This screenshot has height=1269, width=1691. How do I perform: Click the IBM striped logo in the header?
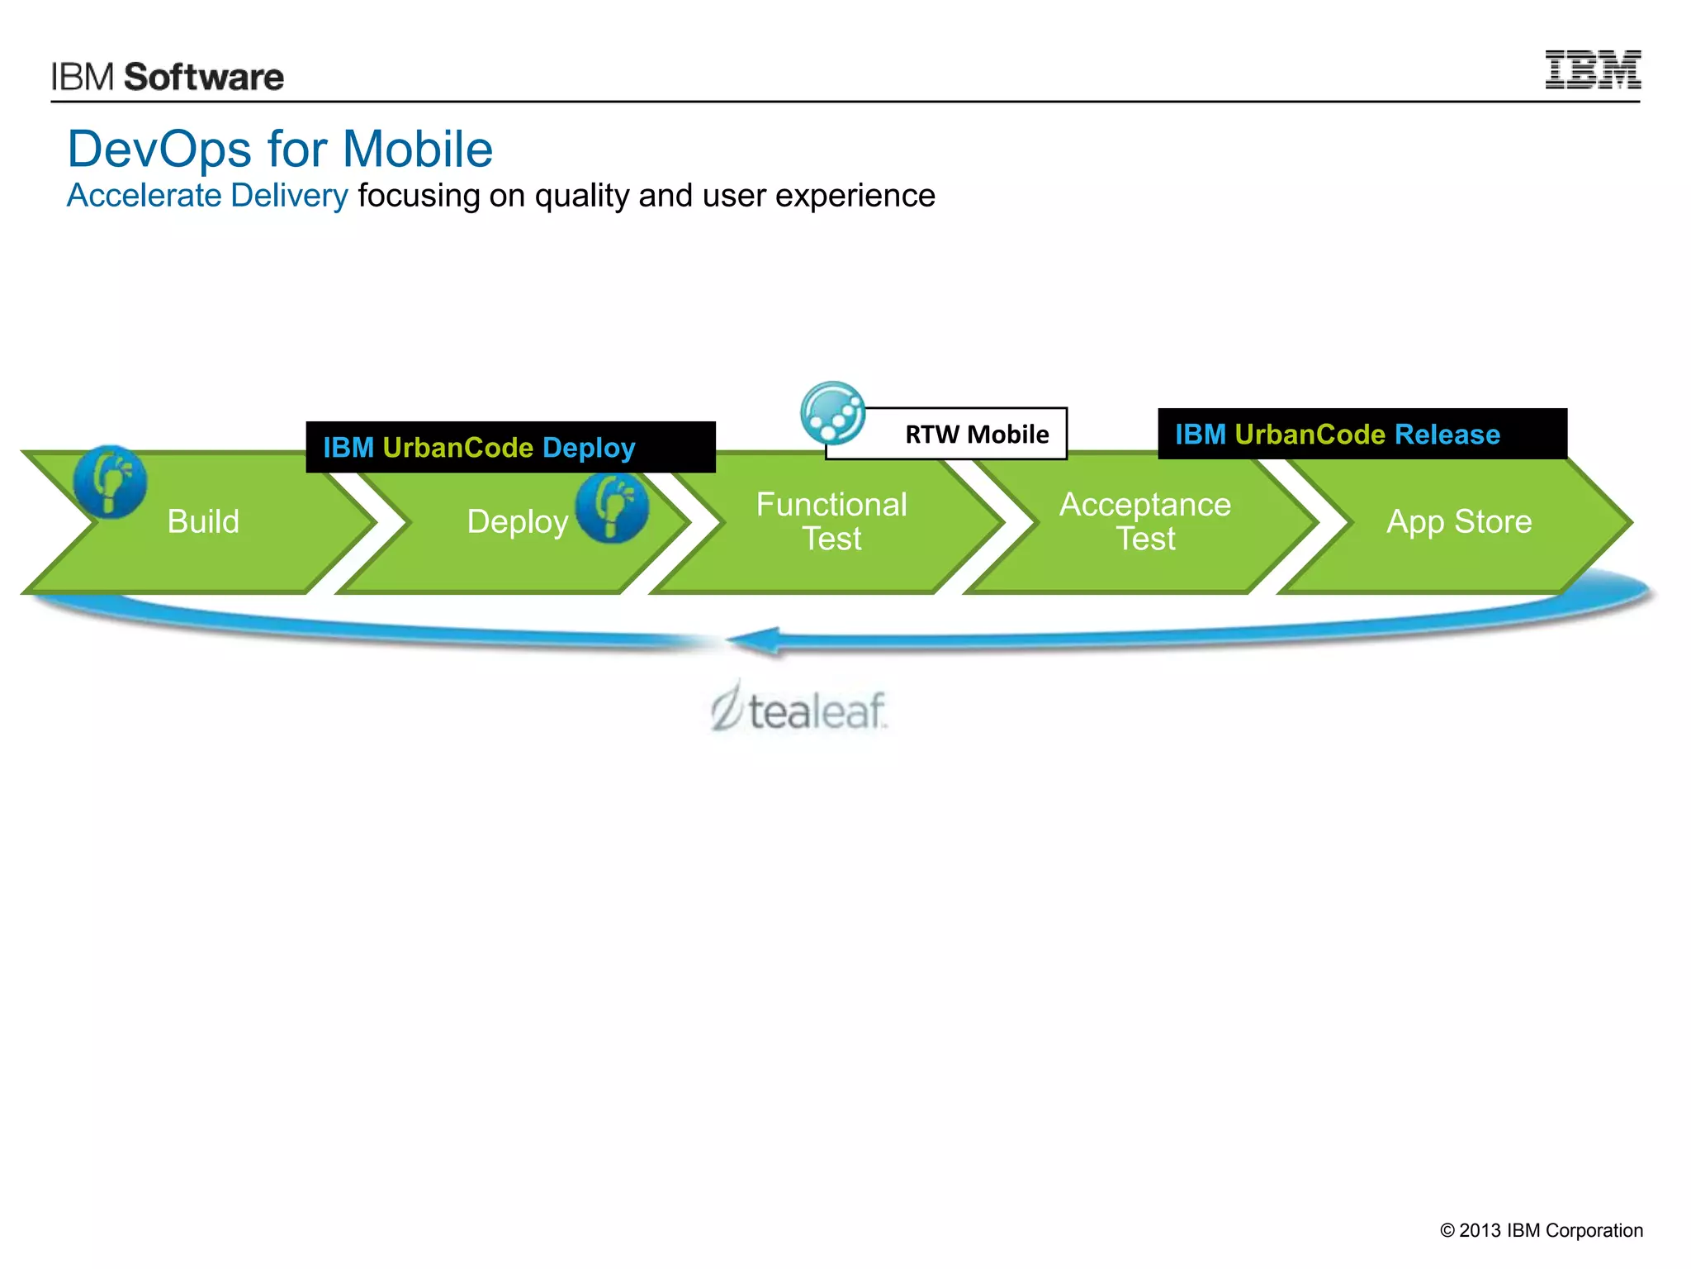tap(1592, 69)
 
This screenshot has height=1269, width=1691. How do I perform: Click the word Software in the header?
tap(203, 78)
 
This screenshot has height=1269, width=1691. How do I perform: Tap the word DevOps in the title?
tap(159, 150)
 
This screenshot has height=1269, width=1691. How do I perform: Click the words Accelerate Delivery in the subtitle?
tap(207, 196)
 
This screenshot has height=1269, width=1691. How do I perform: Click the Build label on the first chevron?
tap(203, 522)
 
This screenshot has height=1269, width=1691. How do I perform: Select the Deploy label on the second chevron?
tap(518, 522)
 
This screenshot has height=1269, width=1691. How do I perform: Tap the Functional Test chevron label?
tap(831, 521)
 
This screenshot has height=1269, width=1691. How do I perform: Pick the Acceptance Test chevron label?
tap(1145, 521)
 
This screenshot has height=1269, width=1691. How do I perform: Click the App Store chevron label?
tap(1459, 522)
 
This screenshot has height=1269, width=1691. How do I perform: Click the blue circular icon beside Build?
tap(110, 482)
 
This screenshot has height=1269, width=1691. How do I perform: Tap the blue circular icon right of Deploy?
tap(612, 506)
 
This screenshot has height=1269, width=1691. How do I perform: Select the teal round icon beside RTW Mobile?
tap(832, 412)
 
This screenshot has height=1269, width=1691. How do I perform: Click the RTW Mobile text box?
tap(976, 435)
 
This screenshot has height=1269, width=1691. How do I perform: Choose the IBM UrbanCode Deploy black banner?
tap(509, 447)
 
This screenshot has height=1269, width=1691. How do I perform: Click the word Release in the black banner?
tap(1447, 435)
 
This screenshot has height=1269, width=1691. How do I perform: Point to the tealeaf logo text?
tap(816, 711)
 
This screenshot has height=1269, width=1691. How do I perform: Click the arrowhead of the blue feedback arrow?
tap(756, 641)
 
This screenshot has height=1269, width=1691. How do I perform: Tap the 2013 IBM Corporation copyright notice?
tap(1541, 1230)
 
